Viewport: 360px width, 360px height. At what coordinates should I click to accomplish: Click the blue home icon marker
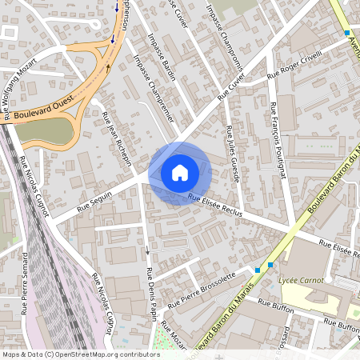click(180, 172)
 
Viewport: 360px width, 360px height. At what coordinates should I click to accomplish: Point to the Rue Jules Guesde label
click(234, 153)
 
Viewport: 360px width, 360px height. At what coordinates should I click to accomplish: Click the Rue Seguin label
click(95, 201)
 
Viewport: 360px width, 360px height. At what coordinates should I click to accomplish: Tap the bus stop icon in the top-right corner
click(347, 32)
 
